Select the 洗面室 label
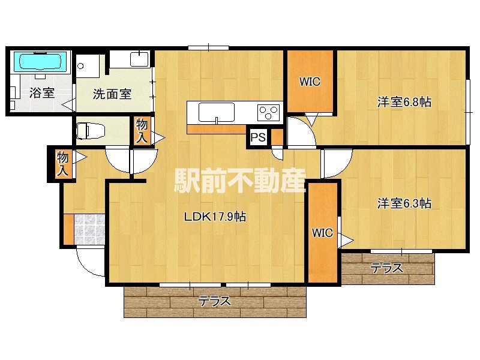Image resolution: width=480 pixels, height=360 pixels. (112, 94)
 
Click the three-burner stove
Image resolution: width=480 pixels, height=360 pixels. (268, 112)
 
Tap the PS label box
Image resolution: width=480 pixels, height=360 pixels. (258, 138)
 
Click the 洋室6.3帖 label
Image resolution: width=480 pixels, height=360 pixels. (404, 203)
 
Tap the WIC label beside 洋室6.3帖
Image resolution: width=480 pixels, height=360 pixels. (322, 233)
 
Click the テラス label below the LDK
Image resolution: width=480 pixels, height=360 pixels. (215, 301)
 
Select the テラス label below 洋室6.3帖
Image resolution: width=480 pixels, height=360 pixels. (386, 268)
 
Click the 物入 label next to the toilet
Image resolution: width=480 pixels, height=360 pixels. (142, 131)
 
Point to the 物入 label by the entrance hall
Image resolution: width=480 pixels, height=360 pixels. (62, 164)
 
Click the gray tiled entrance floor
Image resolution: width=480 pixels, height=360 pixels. (89, 229)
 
